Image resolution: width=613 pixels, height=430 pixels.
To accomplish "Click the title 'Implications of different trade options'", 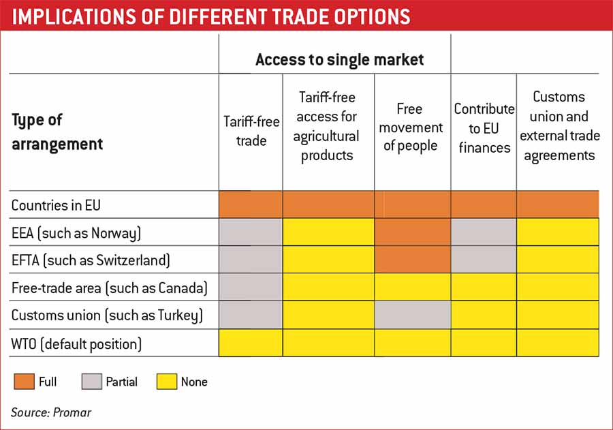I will [211, 16].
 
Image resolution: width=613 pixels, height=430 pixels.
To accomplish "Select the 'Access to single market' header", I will [339, 59].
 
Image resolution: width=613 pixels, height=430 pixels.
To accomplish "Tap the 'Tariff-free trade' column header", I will [251, 132].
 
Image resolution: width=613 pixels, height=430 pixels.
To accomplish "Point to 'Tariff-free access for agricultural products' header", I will [327, 127].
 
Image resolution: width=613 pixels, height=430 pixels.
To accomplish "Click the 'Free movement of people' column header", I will [411, 127].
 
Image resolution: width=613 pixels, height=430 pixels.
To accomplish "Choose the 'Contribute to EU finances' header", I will [484, 127].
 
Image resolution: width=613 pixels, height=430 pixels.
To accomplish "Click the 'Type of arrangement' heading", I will [57, 132].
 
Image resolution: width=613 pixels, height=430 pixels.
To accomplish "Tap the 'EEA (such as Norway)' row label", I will [76, 233].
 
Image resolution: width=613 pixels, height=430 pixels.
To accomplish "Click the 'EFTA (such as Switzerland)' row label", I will [91, 260].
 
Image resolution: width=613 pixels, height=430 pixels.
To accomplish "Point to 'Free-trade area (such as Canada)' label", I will [109, 288].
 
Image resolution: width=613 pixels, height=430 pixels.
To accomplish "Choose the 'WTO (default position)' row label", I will [76, 343].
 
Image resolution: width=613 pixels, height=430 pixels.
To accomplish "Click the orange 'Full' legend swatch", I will [22, 382].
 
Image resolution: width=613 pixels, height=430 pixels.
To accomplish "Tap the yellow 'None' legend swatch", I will [166, 382].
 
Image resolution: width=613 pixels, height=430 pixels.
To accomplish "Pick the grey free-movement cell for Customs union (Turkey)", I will [412, 316].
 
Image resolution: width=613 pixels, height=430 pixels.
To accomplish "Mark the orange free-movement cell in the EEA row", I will [412, 232].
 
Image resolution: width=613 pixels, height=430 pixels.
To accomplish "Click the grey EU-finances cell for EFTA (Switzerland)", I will [484, 260].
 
